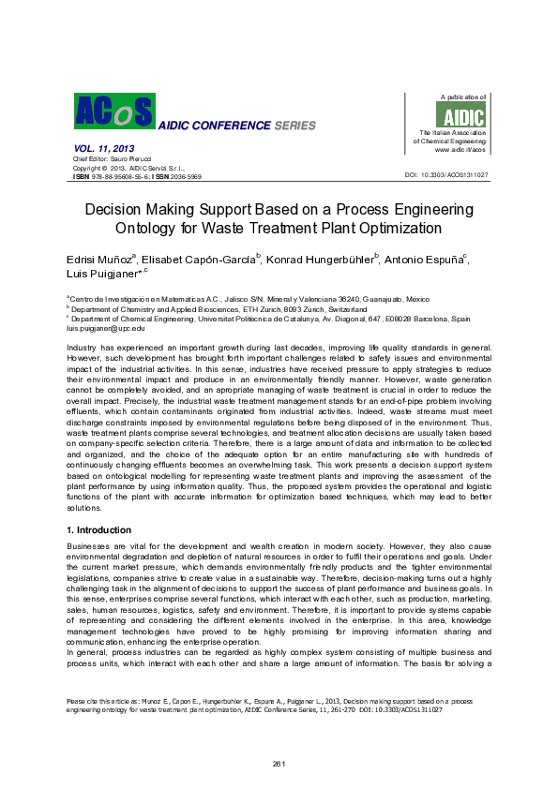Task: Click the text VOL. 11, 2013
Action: [102, 150]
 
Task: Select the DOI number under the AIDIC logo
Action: [446, 175]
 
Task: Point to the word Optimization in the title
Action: [393, 227]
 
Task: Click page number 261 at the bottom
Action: [279, 765]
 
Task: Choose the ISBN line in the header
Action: [137, 175]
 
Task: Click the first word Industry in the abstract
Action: [81, 348]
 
